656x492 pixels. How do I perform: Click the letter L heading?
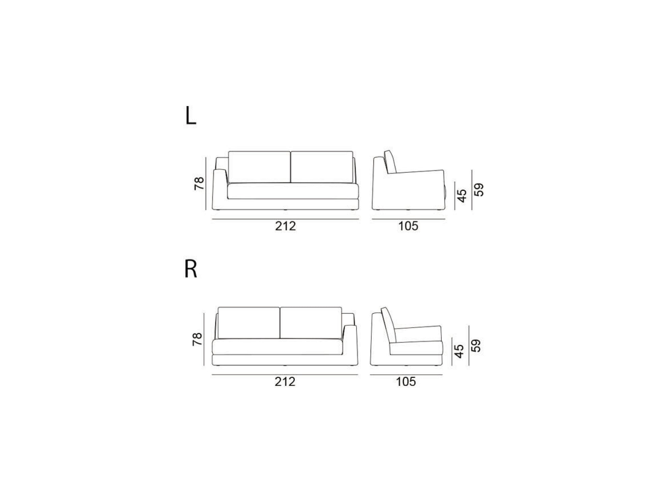click(190, 117)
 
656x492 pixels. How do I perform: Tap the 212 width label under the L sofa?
click(286, 226)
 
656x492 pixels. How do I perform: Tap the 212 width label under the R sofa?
click(285, 382)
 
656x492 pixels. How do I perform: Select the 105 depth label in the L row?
click(408, 226)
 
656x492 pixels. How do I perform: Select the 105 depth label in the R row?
click(406, 382)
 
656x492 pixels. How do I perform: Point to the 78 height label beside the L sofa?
click(199, 184)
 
